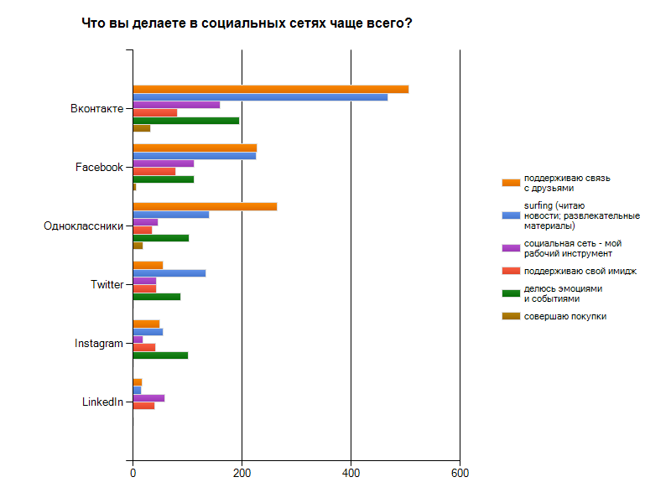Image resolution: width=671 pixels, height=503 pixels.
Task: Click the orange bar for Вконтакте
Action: (x=270, y=89)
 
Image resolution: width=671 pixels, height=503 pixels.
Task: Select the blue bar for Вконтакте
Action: (x=260, y=97)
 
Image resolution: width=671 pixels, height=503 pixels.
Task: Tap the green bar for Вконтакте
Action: (x=185, y=121)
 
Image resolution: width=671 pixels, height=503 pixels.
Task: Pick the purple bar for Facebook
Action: (x=163, y=163)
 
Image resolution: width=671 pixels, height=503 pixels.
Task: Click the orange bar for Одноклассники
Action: (x=205, y=206)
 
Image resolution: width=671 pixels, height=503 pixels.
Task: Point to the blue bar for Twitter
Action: (x=169, y=273)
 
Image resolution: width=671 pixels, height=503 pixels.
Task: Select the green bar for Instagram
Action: (x=160, y=355)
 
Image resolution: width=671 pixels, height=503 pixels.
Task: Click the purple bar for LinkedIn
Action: (x=148, y=398)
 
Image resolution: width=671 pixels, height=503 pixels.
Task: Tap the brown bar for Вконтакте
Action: (x=141, y=128)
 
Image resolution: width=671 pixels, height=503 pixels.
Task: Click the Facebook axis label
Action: (x=99, y=168)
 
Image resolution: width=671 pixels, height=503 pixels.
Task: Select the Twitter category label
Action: (x=107, y=285)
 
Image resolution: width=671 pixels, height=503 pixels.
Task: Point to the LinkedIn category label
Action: (x=102, y=402)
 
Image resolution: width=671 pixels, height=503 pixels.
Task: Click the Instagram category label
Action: (x=98, y=344)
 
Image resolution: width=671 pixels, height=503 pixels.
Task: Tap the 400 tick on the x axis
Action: (x=351, y=474)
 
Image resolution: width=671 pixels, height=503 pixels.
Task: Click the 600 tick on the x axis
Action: (x=460, y=474)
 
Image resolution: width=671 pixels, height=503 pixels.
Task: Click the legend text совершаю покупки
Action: (x=565, y=316)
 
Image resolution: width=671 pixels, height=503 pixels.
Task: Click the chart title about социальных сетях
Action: (x=247, y=23)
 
